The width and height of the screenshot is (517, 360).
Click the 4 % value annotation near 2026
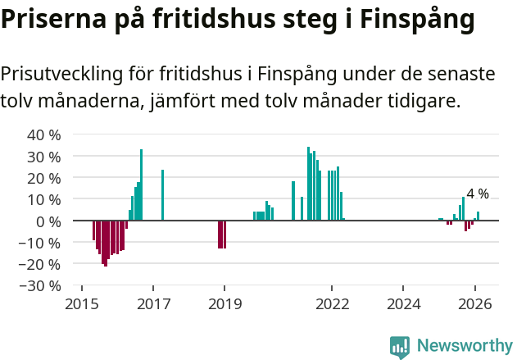point(478,194)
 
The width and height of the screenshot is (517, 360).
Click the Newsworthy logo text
point(465,345)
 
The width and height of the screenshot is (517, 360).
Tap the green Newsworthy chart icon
point(400,347)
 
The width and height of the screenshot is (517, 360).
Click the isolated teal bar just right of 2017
point(162,195)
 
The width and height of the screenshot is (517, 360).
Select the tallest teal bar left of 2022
point(308,184)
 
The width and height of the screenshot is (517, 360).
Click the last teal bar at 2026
point(478,216)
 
